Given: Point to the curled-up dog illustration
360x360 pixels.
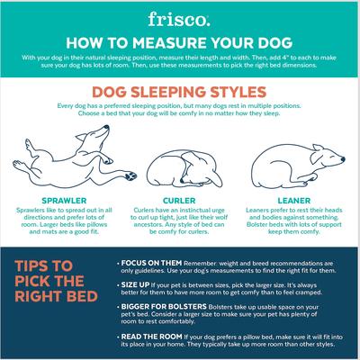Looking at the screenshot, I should (x=179, y=166).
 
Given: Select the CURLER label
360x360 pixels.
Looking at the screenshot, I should (x=179, y=201).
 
